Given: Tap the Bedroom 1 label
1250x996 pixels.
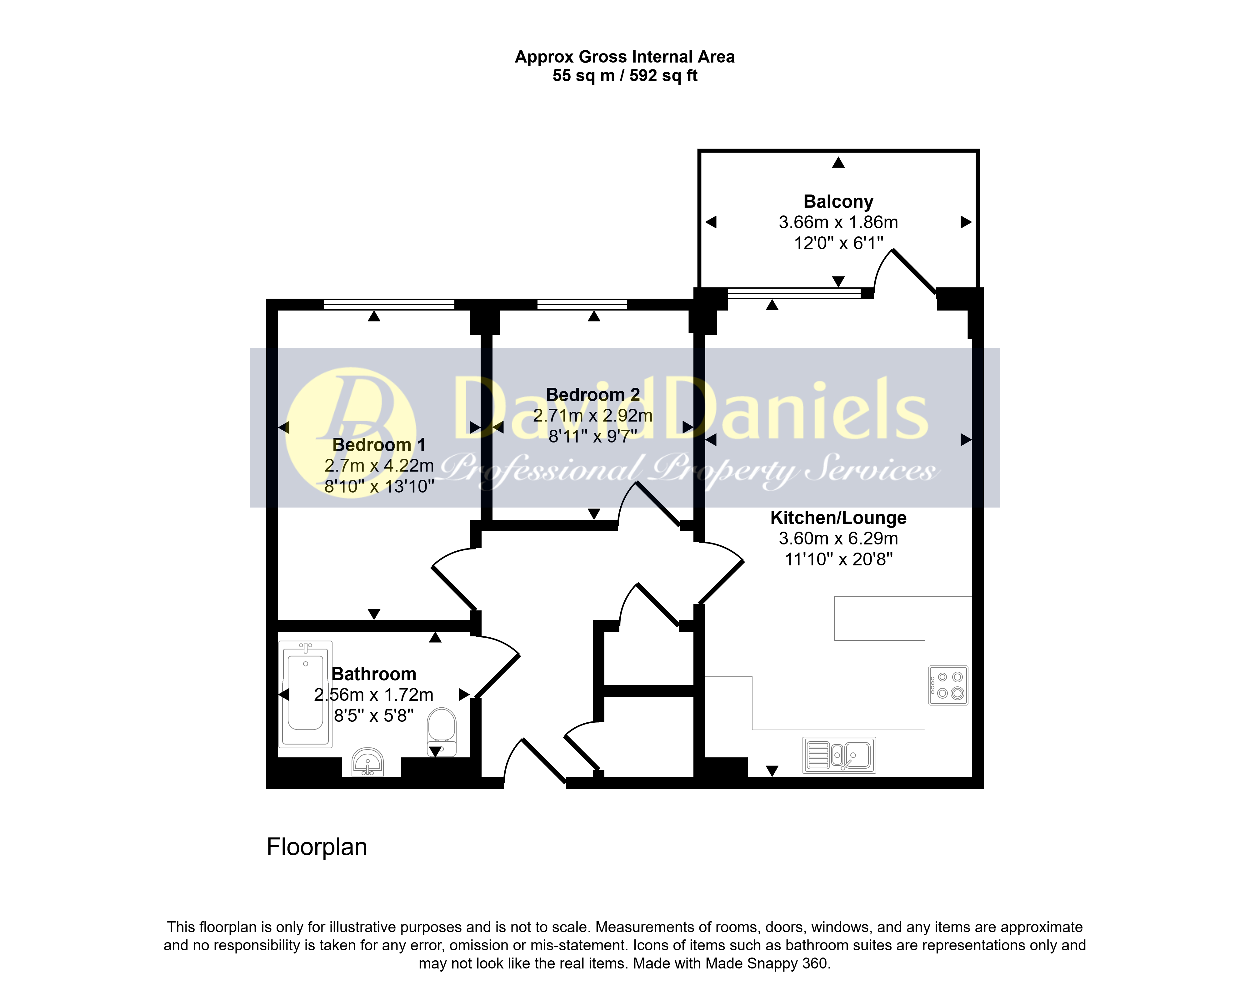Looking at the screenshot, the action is click(379, 445).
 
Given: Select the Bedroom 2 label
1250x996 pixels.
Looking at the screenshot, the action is click(592, 394).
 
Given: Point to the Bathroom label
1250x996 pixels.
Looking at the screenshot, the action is click(374, 674).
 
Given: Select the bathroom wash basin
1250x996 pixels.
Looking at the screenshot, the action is click(367, 762).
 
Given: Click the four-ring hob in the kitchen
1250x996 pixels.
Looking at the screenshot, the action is click(948, 685).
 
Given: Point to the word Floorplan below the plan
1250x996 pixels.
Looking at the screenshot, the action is click(317, 847).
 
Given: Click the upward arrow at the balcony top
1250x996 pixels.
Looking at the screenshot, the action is click(838, 162).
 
